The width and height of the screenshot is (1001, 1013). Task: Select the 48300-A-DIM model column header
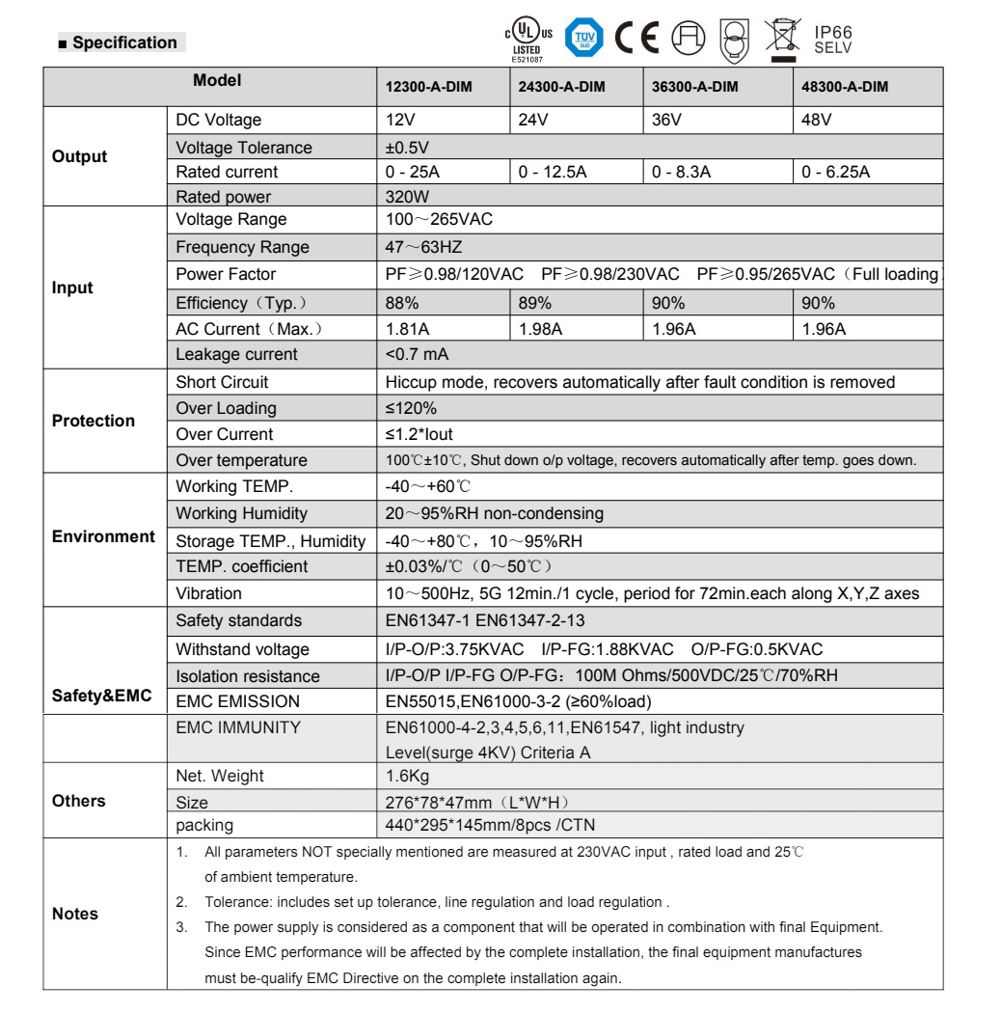(845, 87)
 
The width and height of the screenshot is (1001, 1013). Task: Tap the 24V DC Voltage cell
(530, 121)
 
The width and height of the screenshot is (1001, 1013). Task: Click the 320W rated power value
(404, 197)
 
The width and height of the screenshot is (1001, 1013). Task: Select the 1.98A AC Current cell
(540, 328)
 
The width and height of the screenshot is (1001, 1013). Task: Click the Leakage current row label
(236, 354)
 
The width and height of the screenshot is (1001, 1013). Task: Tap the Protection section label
(93, 421)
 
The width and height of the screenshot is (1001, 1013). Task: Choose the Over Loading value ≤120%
(406, 408)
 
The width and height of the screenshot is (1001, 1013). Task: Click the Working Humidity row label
(242, 513)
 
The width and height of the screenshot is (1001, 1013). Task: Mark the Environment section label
(104, 536)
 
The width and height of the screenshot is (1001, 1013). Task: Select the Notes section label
(75, 913)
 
